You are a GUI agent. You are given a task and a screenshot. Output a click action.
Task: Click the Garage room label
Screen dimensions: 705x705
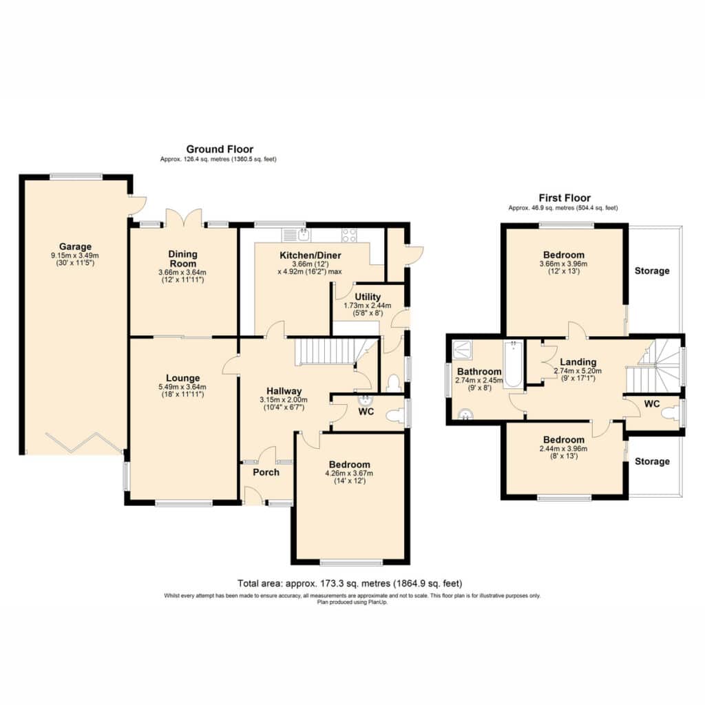tap(75, 246)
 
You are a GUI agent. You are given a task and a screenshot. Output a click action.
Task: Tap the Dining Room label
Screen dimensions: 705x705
tap(183, 259)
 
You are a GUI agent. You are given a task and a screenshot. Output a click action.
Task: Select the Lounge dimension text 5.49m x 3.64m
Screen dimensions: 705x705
tap(182, 387)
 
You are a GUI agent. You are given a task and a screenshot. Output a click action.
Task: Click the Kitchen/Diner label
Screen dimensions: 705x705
tap(311, 255)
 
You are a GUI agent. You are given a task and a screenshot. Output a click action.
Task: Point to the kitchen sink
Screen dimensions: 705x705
tap(296, 235)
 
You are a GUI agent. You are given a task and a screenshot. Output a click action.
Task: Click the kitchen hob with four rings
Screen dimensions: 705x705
tap(349, 235)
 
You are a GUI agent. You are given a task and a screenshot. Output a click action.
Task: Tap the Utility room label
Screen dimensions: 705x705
tap(368, 297)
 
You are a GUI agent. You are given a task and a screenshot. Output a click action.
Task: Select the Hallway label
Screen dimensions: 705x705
tap(284, 391)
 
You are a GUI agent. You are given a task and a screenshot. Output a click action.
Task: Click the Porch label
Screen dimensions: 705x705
tap(266, 472)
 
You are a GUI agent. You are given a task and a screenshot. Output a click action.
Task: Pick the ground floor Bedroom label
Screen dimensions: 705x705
tap(349, 465)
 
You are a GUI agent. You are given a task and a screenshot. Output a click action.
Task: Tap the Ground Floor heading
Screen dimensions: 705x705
tap(220, 149)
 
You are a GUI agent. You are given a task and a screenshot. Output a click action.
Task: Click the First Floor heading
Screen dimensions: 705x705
tap(565, 198)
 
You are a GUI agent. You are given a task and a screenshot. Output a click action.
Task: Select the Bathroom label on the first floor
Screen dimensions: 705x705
tap(479, 372)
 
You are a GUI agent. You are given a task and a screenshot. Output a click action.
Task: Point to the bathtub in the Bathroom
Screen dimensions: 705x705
tap(513, 365)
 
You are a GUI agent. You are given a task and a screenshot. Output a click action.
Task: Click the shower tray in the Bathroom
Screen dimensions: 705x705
tap(462, 349)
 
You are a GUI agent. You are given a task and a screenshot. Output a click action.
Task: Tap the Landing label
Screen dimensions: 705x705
tap(578, 362)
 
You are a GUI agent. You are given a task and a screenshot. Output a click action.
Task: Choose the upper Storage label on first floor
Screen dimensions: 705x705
tap(652, 271)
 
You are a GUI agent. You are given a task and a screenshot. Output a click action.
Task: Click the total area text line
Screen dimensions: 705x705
tap(350, 584)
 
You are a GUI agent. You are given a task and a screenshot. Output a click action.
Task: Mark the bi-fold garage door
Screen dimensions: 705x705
tap(85, 443)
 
